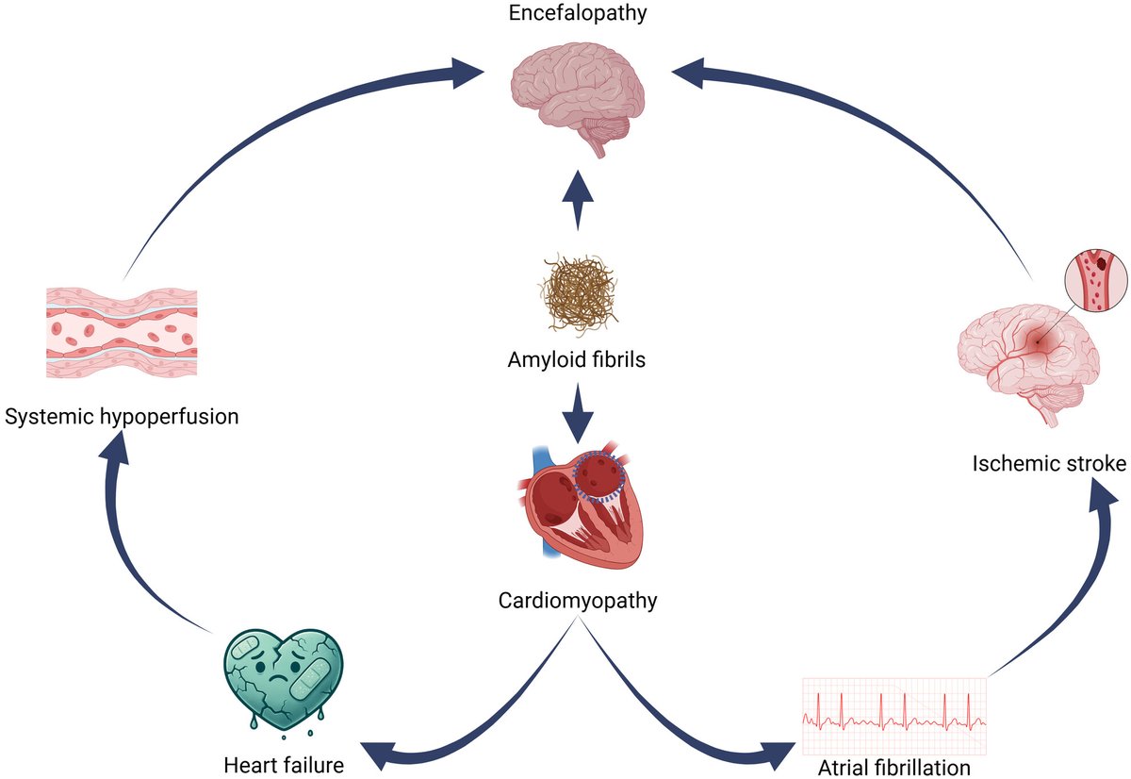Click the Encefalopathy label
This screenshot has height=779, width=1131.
[x=576, y=15]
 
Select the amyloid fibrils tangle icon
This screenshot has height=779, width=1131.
[x=576, y=293]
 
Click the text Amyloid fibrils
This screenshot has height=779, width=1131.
[x=576, y=359]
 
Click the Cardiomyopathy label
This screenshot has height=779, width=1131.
[x=576, y=599]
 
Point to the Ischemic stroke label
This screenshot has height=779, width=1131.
[x=1049, y=464]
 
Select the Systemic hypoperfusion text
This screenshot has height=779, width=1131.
[x=121, y=416]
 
